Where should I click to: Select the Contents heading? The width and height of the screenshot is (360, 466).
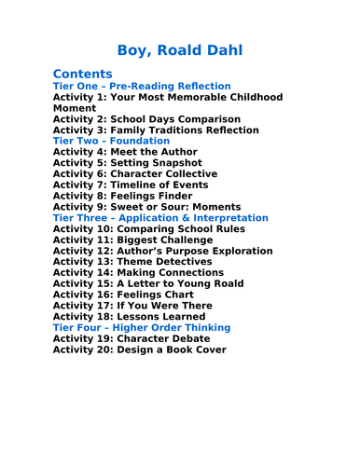coord(83,74)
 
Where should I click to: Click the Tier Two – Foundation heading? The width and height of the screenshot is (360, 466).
coord(111,141)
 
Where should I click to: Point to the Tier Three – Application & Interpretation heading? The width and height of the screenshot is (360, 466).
coord(160,218)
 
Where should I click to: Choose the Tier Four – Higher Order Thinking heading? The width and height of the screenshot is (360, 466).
coord(142,328)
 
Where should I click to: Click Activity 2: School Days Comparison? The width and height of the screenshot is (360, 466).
coord(146,119)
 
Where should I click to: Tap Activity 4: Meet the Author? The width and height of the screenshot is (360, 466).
coord(125,152)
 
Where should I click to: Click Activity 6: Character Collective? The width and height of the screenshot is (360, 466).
coord(135,174)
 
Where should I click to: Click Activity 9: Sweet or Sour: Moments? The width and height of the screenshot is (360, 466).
coord(146,207)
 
